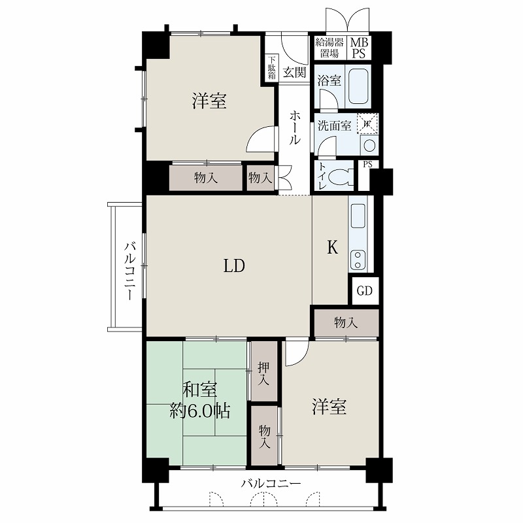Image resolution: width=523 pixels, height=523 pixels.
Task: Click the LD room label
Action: tap(234, 266)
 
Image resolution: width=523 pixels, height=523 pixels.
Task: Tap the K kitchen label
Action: tap(332, 247)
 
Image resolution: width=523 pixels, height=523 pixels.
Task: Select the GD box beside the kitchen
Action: tap(365, 291)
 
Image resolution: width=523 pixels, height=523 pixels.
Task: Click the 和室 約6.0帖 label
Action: tap(200, 400)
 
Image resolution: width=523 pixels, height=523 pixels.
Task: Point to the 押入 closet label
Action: tap(264, 373)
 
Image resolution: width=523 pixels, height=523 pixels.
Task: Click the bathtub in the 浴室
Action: tap(358, 85)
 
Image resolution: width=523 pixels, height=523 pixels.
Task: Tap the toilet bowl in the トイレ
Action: tap(341, 176)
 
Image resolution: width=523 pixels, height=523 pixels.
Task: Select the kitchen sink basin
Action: tap(358, 216)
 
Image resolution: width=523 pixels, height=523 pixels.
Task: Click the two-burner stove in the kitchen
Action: tap(358, 260)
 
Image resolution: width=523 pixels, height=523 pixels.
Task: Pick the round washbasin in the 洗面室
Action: tap(369, 146)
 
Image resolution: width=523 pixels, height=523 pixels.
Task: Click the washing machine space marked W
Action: tap(367, 124)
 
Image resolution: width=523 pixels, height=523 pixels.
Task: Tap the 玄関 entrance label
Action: tap(295, 73)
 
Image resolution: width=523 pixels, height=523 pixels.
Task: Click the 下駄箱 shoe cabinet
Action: tap(272, 68)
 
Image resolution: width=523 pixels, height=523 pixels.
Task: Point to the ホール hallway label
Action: tap(295, 127)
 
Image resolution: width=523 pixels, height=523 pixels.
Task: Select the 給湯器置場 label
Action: tap(329, 48)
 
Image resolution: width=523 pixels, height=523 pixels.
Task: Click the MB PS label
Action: tap(359, 48)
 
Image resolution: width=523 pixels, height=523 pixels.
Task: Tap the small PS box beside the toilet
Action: tap(367, 165)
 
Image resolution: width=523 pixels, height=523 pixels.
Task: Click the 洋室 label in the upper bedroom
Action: tap(209, 101)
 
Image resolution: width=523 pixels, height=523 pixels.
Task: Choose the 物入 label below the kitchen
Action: tap(346, 322)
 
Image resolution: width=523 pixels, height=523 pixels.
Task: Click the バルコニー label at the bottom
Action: tap(271, 483)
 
